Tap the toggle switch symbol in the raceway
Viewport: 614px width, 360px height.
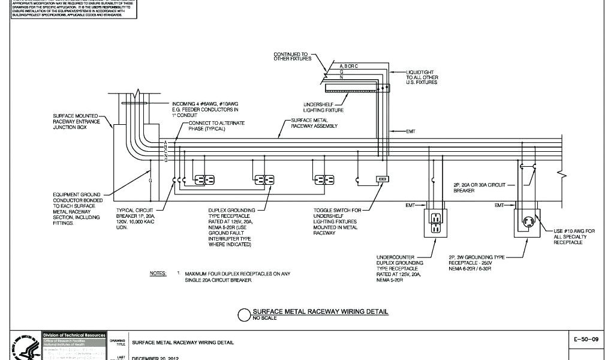pos(381,179)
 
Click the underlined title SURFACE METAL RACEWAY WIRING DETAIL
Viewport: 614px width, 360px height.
pos(320,311)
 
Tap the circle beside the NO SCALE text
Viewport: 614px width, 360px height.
pos(244,314)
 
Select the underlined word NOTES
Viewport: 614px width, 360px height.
pos(158,273)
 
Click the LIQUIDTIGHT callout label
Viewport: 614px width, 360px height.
pos(422,77)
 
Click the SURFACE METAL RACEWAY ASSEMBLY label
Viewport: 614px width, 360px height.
pos(314,124)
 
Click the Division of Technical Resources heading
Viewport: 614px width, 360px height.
pos(74,335)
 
